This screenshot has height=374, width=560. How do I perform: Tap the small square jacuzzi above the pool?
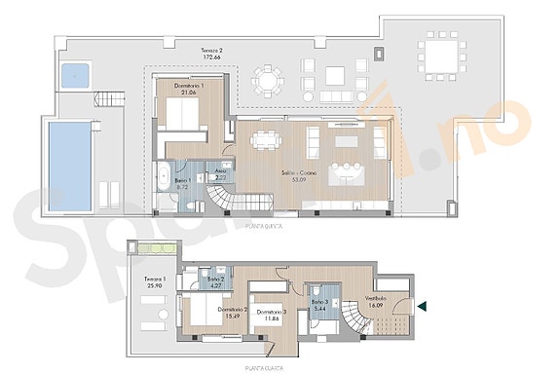(74, 73)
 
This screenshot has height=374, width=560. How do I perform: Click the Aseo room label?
(221, 173)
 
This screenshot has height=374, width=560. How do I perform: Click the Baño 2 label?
(215, 280)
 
